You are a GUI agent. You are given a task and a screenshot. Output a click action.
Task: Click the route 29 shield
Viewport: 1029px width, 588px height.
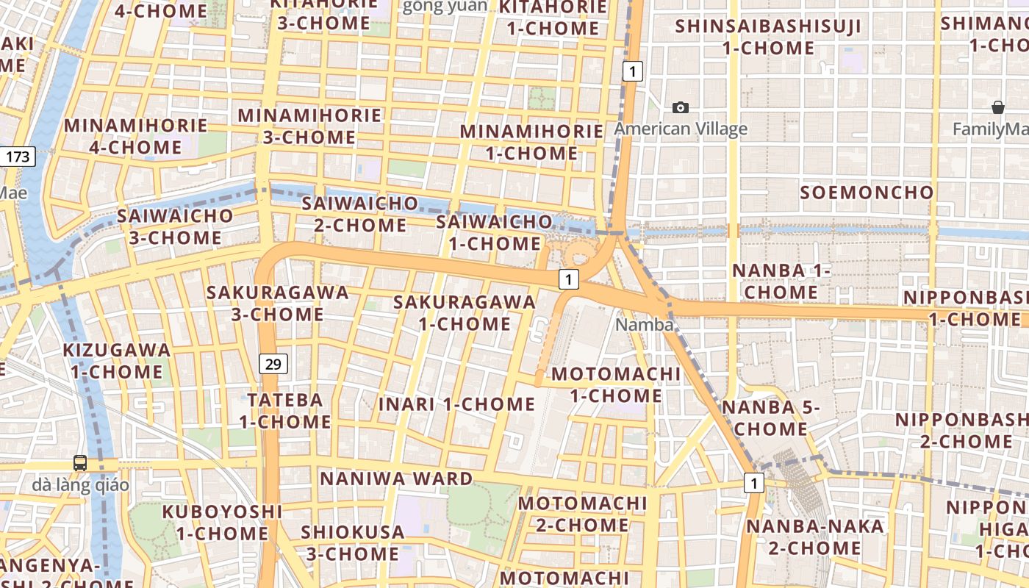[273, 363]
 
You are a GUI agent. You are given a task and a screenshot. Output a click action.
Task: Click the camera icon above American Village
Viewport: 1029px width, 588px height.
[681, 108]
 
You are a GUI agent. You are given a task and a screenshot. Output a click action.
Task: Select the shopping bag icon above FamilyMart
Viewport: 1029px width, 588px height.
[998, 108]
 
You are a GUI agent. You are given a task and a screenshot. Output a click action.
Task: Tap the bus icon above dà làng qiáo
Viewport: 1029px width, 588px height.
[80, 463]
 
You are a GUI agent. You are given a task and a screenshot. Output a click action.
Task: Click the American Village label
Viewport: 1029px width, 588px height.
[681, 129]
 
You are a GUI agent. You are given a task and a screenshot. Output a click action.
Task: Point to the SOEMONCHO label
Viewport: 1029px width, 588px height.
[867, 193]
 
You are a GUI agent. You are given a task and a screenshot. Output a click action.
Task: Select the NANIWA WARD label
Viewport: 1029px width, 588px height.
[396, 479]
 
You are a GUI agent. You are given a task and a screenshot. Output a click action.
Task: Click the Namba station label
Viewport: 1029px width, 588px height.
[645, 325]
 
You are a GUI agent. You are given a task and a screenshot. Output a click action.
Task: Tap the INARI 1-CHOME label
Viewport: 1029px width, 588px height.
[456, 404]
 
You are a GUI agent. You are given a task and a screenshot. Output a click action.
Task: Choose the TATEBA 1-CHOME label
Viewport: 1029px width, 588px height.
[285, 411]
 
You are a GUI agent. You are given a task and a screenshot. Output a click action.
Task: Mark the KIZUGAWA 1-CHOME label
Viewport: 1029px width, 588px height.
[117, 361]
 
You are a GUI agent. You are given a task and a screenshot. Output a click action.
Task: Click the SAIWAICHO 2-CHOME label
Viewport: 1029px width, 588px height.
[360, 214]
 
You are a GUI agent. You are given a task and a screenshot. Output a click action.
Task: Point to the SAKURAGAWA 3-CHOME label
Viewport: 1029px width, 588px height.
[277, 303]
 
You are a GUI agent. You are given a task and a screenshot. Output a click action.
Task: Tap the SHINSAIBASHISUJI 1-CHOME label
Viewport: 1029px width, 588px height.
[768, 37]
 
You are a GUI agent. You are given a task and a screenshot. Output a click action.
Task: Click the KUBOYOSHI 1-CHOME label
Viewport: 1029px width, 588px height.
[222, 522]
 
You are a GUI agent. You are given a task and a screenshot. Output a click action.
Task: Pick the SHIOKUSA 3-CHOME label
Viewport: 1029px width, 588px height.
[353, 542]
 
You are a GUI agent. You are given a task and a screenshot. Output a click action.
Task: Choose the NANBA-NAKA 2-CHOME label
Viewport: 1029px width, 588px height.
[815, 537]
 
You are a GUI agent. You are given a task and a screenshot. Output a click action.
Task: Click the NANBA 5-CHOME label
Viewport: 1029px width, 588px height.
[770, 418]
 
